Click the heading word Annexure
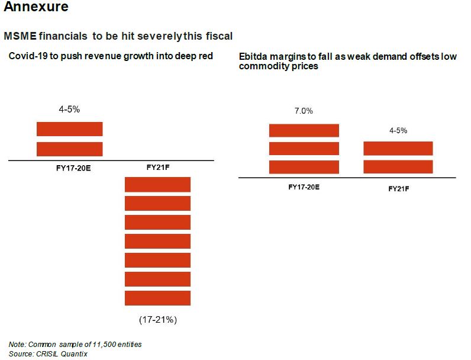click(x=36, y=8)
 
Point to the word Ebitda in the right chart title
click(x=253, y=57)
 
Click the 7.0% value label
click(x=304, y=111)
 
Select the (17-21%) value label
click(x=158, y=320)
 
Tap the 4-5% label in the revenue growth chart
click(x=69, y=110)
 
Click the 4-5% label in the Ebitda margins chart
click(x=398, y=130)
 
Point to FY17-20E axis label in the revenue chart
click(x=69, y=168)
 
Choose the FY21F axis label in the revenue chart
click(x=157, y=167)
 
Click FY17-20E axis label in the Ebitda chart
click(x=304, y=187)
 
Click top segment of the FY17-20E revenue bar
click(x=70, y=129)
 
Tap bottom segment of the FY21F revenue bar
click(x=157, y=298)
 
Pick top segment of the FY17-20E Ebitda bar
click(x=304, y=130)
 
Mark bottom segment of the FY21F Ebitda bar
click(x=398, y=166)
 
